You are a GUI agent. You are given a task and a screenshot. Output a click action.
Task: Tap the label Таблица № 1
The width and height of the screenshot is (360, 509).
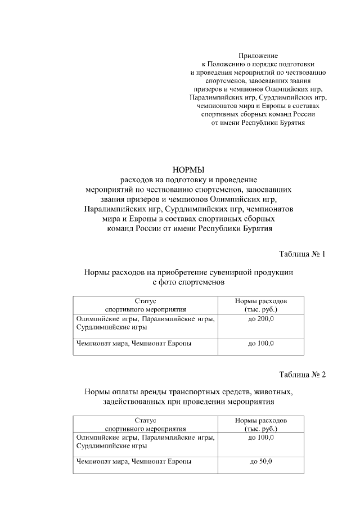(303, 254)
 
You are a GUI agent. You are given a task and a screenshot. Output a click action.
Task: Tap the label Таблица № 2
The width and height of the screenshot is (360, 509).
(303, 374)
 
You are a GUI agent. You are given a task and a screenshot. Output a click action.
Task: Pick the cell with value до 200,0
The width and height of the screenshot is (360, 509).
(260, 319)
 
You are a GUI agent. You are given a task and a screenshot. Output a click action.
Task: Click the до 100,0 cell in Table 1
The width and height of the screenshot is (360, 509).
(260, 343)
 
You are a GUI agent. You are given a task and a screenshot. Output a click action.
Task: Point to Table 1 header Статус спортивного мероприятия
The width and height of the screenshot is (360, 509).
(145, 305)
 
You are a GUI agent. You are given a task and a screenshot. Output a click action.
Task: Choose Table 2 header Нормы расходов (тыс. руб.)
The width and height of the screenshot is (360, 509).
(260, 424)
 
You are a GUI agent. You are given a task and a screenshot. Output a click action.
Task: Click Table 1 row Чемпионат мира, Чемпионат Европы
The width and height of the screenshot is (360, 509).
(133, 343)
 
